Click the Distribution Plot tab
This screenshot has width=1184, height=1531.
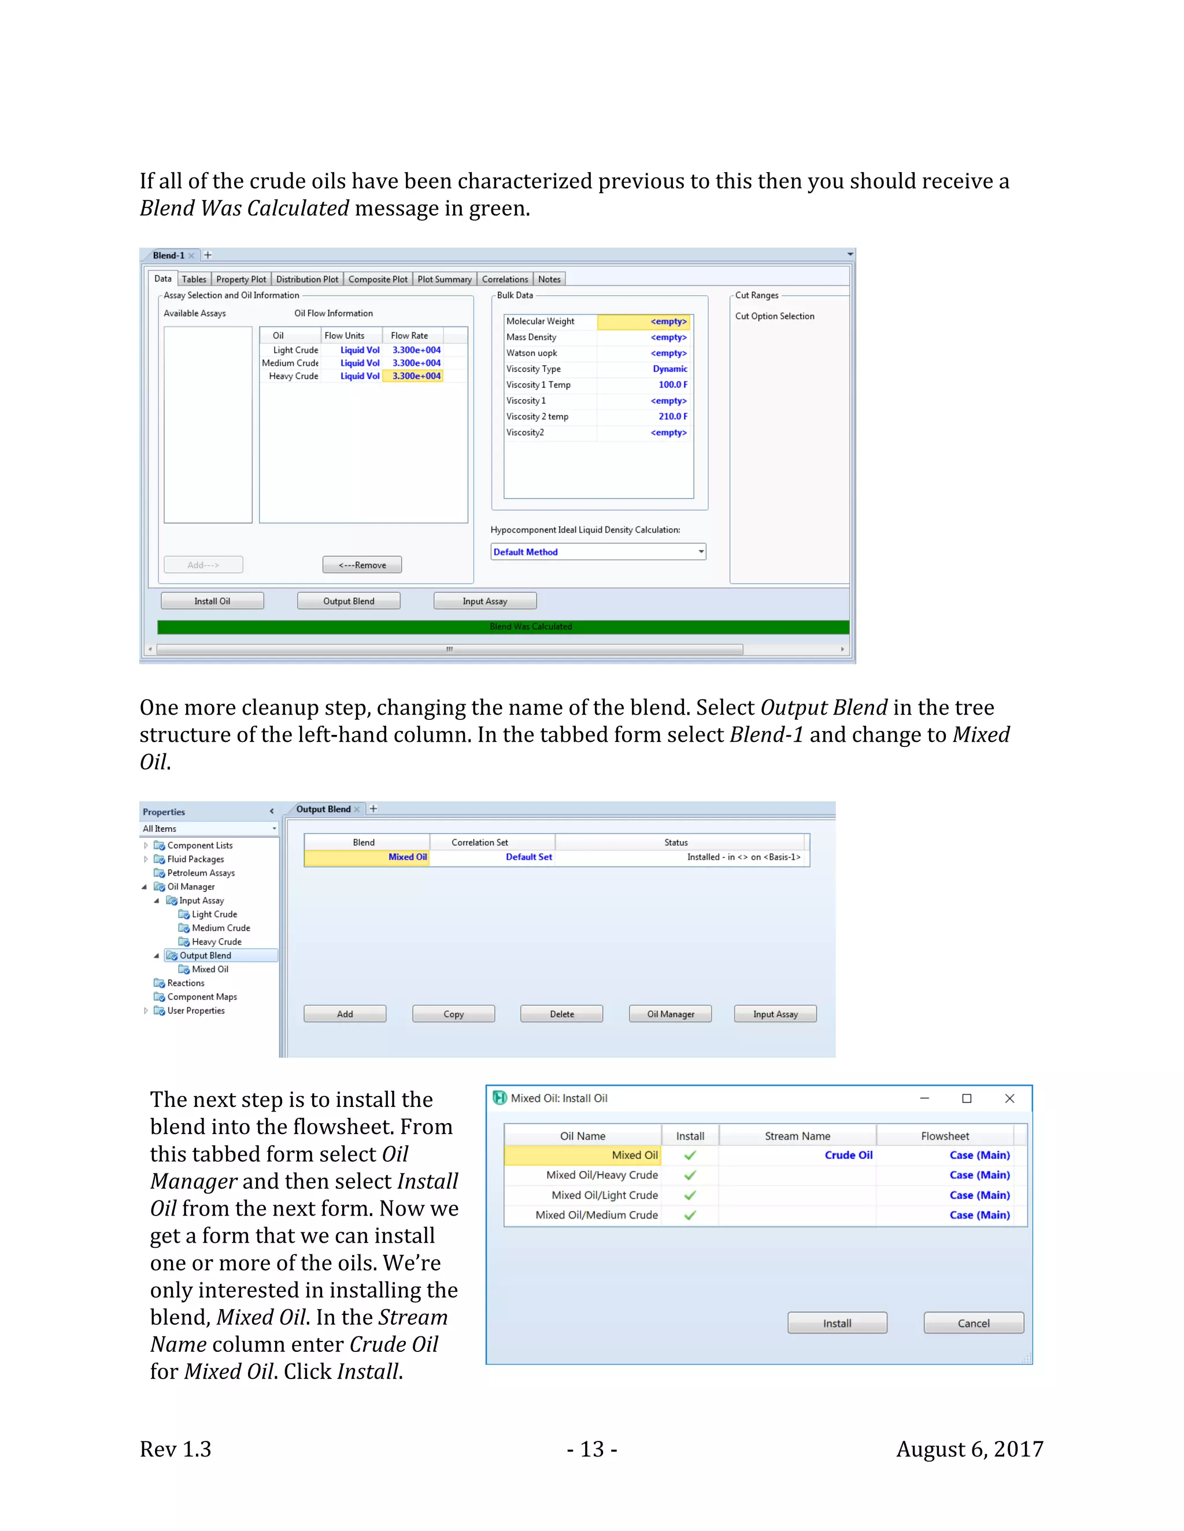pos(306,279)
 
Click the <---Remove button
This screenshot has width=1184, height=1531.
pos(362,565)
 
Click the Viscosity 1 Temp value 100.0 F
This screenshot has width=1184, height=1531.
pos(672,385)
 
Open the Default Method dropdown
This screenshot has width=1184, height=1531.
pos(700,552)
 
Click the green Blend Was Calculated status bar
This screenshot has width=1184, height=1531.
pos(502,627)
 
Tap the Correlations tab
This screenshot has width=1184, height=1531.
pos(504,279)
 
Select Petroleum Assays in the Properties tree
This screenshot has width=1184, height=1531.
pos(201,873)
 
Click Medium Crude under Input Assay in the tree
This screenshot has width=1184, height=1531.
pos(220,928)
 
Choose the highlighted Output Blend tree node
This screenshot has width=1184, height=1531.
pos(205,956)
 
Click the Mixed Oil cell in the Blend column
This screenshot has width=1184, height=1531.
pos(407,857)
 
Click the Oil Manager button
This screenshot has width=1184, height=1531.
pos(670,1015)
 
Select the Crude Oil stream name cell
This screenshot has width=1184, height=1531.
pos(848,1155)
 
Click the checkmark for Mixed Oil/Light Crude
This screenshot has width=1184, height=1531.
pos(690,1195)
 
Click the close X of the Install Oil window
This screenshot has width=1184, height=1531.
pos(1009,1098)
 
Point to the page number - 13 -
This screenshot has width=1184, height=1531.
pos(591,1449)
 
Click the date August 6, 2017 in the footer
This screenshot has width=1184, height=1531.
pos(970,1449)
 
